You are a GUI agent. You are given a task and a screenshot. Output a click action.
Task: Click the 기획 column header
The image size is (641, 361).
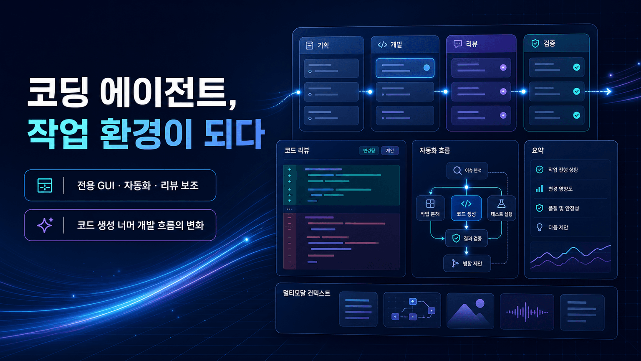coord(331,45)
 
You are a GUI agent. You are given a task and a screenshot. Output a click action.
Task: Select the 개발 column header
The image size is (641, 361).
coord(405,45)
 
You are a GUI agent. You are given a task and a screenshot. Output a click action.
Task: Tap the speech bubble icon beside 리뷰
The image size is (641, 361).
coord(457,44)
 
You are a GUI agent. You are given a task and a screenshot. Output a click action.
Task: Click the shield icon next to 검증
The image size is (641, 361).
coord(535,43)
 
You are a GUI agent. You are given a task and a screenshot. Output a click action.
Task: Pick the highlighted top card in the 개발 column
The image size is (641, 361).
coord(405,68)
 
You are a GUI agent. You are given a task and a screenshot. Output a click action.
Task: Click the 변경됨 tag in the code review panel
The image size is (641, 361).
coord(369,150)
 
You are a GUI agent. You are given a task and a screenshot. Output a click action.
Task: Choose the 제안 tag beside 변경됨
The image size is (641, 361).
coord(390,150)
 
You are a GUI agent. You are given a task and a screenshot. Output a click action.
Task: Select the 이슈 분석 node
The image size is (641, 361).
coord(467,170)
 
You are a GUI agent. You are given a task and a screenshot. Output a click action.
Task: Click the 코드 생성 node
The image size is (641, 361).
coord(466,208)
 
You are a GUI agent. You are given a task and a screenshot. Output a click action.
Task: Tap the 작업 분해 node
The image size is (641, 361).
coord(430,208)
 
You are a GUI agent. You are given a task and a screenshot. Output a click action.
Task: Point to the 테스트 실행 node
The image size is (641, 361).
coord(502,208)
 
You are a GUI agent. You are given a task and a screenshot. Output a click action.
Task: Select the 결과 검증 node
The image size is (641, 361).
coord(467,239)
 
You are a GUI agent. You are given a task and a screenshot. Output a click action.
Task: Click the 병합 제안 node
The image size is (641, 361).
coord(467,263)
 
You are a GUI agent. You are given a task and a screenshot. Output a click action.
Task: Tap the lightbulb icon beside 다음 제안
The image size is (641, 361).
coord(540,227)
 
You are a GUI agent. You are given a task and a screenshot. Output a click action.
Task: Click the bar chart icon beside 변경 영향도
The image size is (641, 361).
coord(540,188)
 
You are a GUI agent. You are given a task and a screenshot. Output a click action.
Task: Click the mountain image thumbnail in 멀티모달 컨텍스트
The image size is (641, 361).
coord(470,311)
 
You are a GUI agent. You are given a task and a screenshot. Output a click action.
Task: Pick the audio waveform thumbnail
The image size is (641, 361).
coord(527,312)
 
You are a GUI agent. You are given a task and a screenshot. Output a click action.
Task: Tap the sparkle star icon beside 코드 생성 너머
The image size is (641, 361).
coord(45,225)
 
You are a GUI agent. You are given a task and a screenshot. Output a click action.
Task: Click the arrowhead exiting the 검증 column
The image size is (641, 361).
coord(609,92)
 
